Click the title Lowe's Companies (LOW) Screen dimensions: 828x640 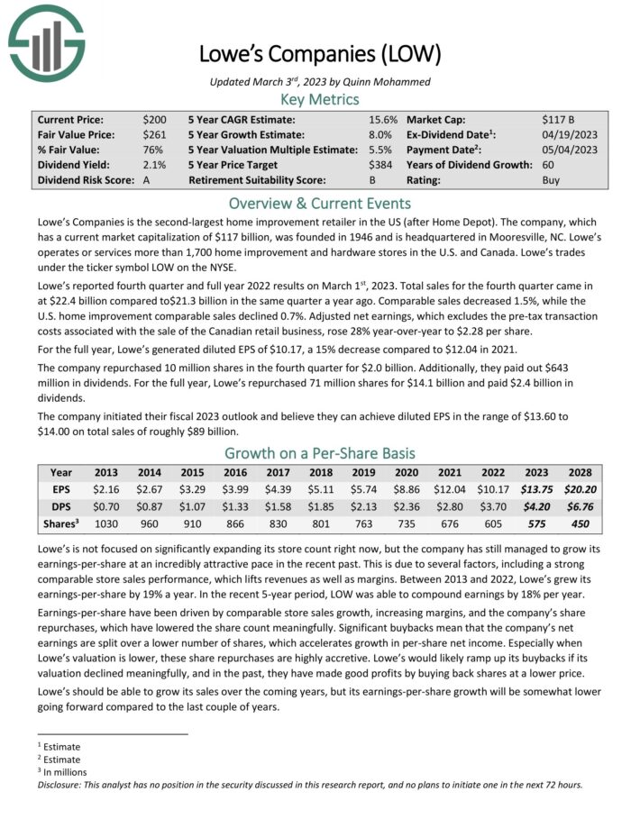pos(320,54)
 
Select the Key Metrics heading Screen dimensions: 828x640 pos(320,99)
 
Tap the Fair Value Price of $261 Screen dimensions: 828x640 pos(154,134)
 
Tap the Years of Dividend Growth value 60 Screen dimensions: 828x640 pos(549,165)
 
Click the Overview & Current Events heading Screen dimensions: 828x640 pos(320,203)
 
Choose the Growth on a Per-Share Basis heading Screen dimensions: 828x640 pos(320,452)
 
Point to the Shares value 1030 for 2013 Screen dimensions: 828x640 pos(107,524)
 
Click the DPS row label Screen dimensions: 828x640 pos(61,506)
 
